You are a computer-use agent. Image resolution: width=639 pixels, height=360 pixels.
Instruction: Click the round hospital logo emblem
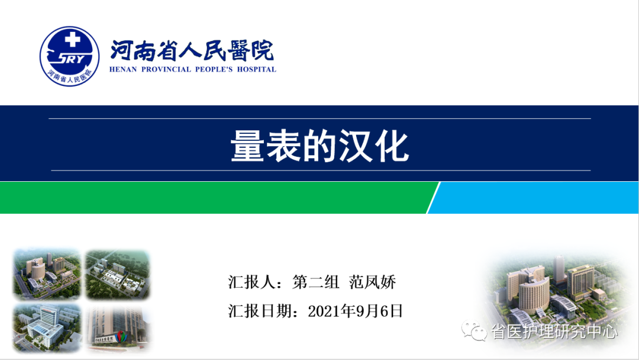click(69, 56)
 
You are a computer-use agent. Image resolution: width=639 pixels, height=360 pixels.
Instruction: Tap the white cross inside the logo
click(73, 40)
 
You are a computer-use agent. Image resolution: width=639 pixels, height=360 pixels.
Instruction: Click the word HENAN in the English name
click(123, 69)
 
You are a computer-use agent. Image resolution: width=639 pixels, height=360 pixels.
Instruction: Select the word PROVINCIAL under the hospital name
click(166, 69)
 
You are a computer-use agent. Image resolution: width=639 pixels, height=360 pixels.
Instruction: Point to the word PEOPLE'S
click(214, 69)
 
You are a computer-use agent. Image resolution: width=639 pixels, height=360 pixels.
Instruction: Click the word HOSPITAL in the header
click(256, 69)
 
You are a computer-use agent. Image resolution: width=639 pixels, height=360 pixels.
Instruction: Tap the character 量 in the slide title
click(247, 146)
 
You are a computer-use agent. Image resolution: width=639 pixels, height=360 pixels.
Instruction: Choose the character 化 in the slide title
click(392, 146)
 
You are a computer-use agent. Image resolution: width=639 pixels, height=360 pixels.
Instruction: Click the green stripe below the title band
click(216, 198)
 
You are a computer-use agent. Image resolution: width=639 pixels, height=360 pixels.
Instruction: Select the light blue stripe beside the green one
click(534, 198)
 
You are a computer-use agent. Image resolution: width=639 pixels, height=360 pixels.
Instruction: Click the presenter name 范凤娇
click(373, 282)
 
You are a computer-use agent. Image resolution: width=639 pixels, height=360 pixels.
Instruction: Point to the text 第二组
click(316, 282)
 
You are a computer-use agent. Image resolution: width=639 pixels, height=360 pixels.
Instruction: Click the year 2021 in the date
click(325, 311)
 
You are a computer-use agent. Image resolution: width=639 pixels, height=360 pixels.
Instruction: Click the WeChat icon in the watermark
click(475, 330)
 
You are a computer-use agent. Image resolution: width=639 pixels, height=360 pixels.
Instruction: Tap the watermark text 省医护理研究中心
click(554, 332)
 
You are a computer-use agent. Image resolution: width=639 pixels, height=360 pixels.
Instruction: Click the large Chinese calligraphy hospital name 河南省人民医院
click(192, 50)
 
